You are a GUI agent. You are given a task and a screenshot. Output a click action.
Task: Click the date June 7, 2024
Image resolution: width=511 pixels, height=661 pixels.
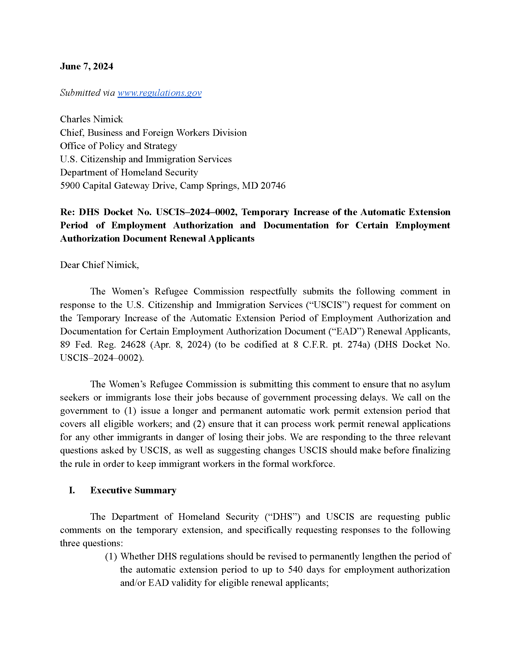point(86,66)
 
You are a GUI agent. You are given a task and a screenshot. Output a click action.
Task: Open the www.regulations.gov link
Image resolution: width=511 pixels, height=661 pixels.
point(159,93)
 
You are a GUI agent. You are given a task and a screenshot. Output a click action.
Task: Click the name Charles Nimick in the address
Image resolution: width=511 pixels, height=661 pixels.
point(91,119)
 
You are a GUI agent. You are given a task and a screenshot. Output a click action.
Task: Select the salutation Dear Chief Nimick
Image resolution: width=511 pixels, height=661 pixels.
point(99,265)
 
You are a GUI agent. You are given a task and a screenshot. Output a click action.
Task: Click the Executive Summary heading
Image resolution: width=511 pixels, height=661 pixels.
point(133,490)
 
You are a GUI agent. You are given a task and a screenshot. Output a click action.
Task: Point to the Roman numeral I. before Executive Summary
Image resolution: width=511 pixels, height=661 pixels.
point(72,490)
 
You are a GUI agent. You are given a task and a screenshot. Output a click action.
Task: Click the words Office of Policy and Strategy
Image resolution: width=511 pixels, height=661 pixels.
point(118,146)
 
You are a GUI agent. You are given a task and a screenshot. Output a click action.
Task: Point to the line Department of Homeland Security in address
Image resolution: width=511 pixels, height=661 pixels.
point(129,172)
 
